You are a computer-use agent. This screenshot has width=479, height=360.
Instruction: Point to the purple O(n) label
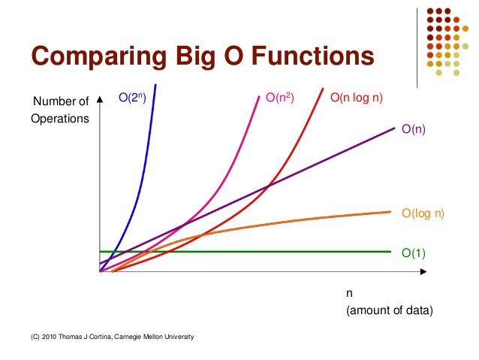coord(414,129)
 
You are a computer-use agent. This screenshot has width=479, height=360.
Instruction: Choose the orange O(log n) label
coord(423,213)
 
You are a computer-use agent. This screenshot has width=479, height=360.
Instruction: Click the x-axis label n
coord(349,293)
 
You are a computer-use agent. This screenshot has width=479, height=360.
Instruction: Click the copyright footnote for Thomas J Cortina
coord(113,337)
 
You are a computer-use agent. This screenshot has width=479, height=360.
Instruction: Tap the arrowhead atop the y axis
coord(100,98)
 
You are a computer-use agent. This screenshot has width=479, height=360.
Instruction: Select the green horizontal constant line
coord(248,252)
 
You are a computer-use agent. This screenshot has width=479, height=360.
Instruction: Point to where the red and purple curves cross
coord(268,185)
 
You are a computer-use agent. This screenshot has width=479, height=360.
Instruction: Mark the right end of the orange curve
coord(390,211)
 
